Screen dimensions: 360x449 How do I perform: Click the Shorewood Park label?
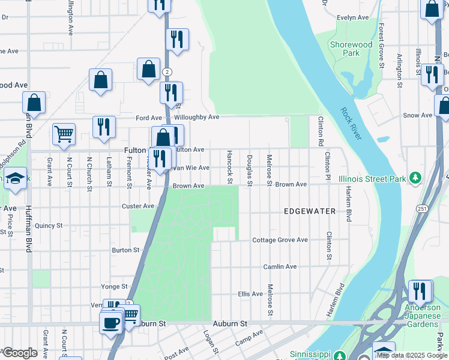coord(351,49)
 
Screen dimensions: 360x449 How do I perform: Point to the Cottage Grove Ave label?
coord(280,240)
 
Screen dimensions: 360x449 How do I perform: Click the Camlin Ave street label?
coord(280,266)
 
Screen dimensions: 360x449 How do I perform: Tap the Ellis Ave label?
coord(250,294)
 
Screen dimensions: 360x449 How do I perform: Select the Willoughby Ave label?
coord(197,118)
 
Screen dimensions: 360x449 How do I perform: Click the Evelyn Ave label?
coord(352,18)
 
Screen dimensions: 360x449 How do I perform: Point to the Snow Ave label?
coord(418,115)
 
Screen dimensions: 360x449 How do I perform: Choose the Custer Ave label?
coord(139,206)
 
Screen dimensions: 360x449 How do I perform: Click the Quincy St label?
coord(49,226)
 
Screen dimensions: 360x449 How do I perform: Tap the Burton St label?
coord(125,250)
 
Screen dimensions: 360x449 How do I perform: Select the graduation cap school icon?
coord(15,178)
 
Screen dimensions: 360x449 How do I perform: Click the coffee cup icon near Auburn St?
coord(110,323)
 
